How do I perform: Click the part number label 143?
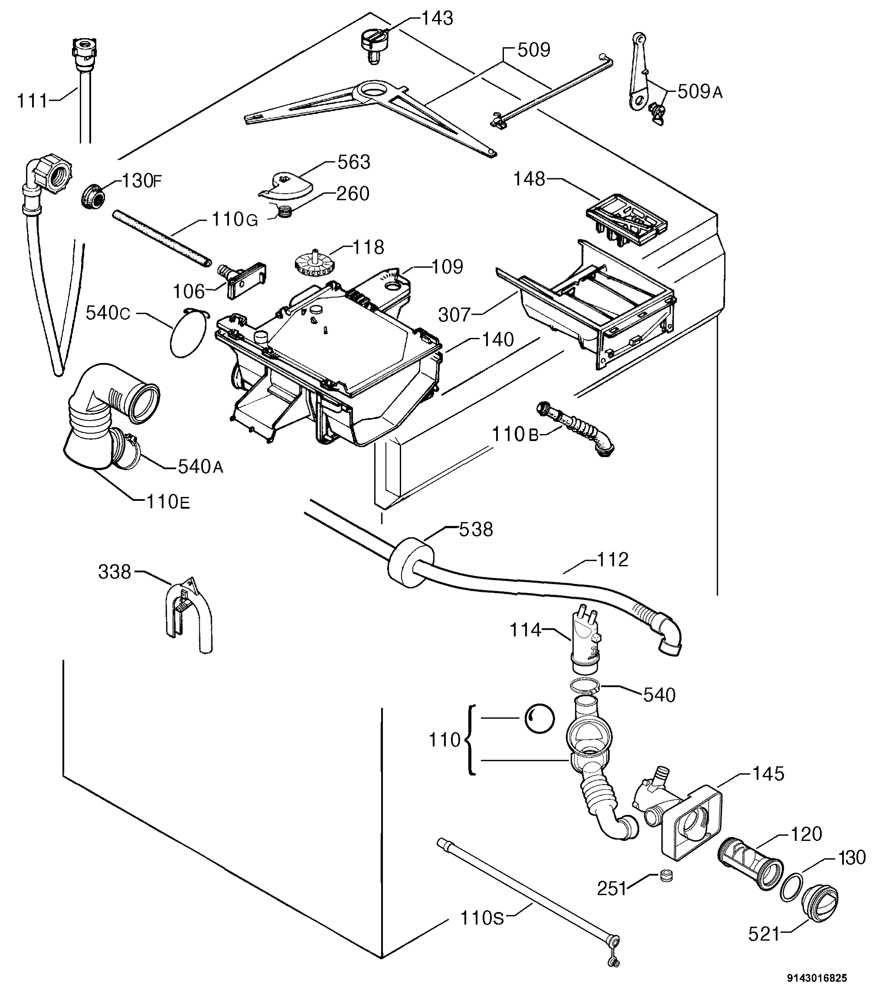pyautogui.click(x=437, y=19)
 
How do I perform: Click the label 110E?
pyautogui.click(x=168, y=501)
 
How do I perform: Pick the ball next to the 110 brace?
pyautogui.click(x=539, y=718)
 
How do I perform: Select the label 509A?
pyautogui.click(x=700, y=92)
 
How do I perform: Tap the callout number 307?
pyautogui.click(x=454, y=315)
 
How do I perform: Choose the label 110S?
pyautogui.click(x=482, y=918)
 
